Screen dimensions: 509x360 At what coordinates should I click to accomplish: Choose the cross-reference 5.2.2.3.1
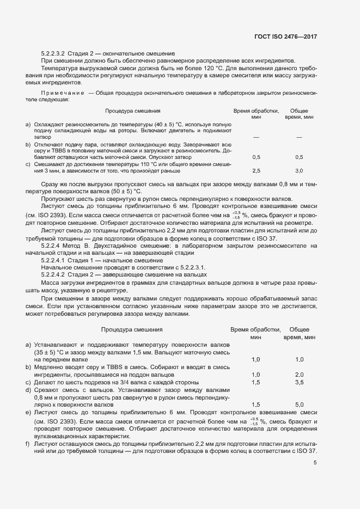click(189, 268)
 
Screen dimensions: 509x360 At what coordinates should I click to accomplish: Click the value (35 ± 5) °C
click(50, 353)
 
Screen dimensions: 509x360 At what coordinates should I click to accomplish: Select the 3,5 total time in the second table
click(299, 383)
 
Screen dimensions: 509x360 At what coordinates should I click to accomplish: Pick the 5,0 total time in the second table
click(299, 405)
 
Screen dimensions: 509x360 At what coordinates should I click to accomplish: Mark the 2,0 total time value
click(299, 375)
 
